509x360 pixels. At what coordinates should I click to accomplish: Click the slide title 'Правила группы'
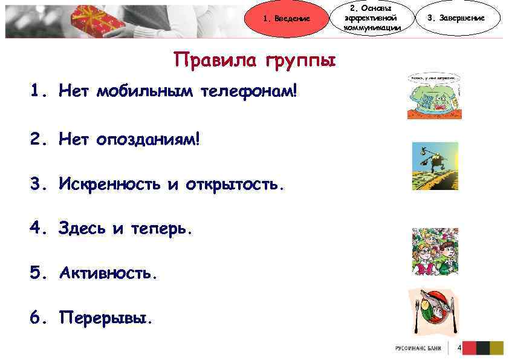254,61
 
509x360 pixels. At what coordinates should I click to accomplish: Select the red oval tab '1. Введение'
287,18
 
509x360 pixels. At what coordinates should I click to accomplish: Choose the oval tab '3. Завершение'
455,18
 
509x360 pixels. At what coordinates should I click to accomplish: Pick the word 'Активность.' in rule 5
108,273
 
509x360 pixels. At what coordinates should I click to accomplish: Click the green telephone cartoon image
434,97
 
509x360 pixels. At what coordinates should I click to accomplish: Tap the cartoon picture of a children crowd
435,252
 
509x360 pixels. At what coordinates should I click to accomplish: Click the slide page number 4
459,348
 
